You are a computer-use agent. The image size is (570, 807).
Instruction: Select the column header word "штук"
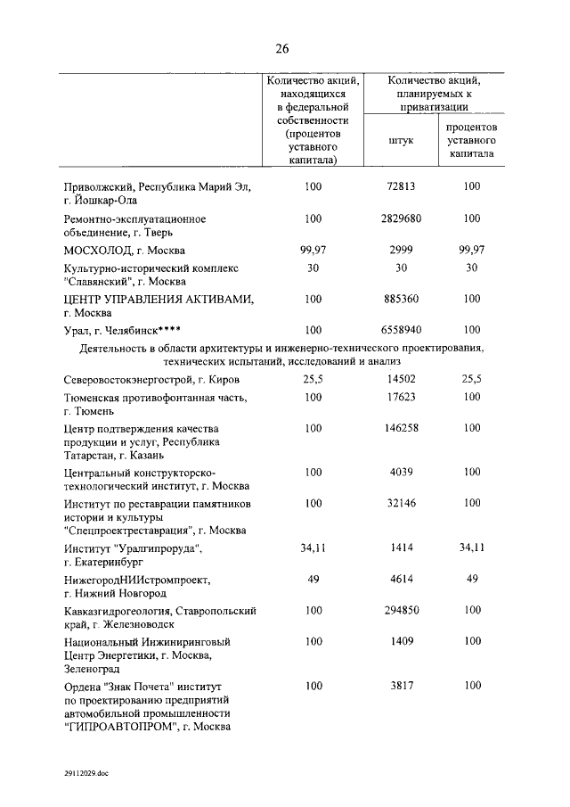[401, 140]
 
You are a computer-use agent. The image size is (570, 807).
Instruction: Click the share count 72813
[402, 186]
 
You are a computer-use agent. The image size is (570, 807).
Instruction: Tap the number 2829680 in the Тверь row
[402, 218]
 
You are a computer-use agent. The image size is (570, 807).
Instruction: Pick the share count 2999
[402, 251]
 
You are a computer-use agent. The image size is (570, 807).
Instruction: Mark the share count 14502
[402, 380]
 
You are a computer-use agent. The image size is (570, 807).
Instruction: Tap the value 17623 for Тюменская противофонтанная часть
[402, 397]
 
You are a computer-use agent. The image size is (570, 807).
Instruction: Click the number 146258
[402, 428]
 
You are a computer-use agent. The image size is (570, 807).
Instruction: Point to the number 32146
[402, 504]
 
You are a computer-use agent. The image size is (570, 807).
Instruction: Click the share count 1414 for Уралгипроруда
[402, 548]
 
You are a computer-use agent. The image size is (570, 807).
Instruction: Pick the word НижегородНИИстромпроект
[138, 581]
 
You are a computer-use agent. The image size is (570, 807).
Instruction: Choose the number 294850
[402, 612]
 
